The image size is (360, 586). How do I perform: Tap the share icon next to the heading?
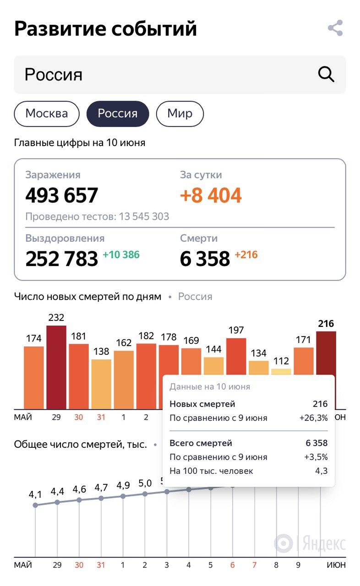pyautogui.click(x=335, y=28)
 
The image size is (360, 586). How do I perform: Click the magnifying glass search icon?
pyautogui.click(x=326, y=74)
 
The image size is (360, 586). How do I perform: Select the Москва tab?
pyautogui.click(x=47, y=114)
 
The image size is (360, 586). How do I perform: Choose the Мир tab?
pyautogui.click(x=180, y=114)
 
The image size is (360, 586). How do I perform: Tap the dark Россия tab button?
pyautogui.click(x=118, y=114)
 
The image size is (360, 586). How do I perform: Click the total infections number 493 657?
pyautogui.click(x=62, y=195)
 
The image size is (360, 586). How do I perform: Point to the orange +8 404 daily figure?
pyautogui.click(x=211, y=195)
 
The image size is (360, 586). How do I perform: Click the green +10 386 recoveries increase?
pyautogui.click(x=121, y=255)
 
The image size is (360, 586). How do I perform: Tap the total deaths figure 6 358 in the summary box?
pyautogui.click(x=205, y=259)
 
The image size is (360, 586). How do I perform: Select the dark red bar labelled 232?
pyautogui.click(x=56, y=366)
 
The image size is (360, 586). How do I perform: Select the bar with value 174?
pyautogui.click(x=34, y=377)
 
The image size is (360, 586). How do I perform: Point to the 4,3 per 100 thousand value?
pyautogui.click(x=322, y=471)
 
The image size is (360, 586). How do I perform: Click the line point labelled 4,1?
pyautogui.click(x=35, y=505)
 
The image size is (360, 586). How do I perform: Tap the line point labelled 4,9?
pyautogui.click(x=123, y=496)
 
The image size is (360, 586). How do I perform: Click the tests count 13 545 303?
pyautogui.click(x=144, y=217)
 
